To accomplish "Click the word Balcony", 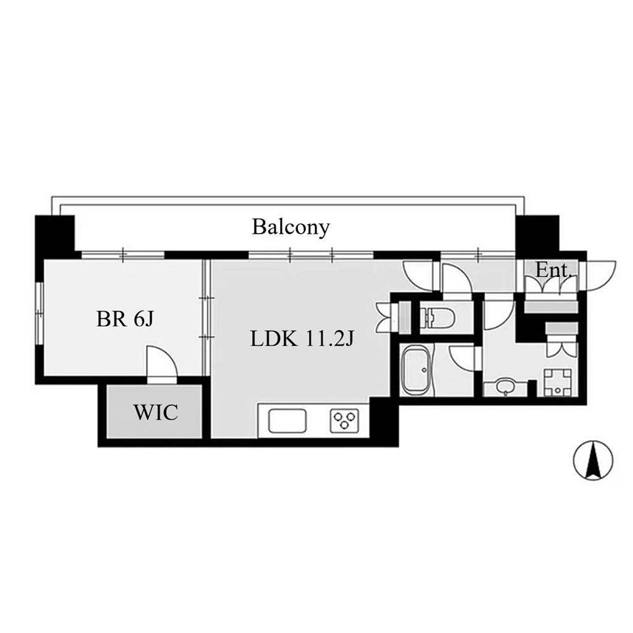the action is (x=291, y=227).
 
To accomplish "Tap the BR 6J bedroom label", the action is (x=125, y=319).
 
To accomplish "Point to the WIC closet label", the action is (x=156, y=412).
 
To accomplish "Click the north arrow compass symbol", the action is (x=593, y=460).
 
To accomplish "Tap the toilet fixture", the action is (x=438, y=317).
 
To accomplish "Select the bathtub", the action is (x=416, y=370).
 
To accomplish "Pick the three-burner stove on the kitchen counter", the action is (x=344, y=420).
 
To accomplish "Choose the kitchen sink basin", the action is (x=287, y=420).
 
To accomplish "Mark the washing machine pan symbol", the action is (x=558, y=382).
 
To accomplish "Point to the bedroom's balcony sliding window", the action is (x=123, y=255).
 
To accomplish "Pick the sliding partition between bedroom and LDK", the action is (x=206, y=318).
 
